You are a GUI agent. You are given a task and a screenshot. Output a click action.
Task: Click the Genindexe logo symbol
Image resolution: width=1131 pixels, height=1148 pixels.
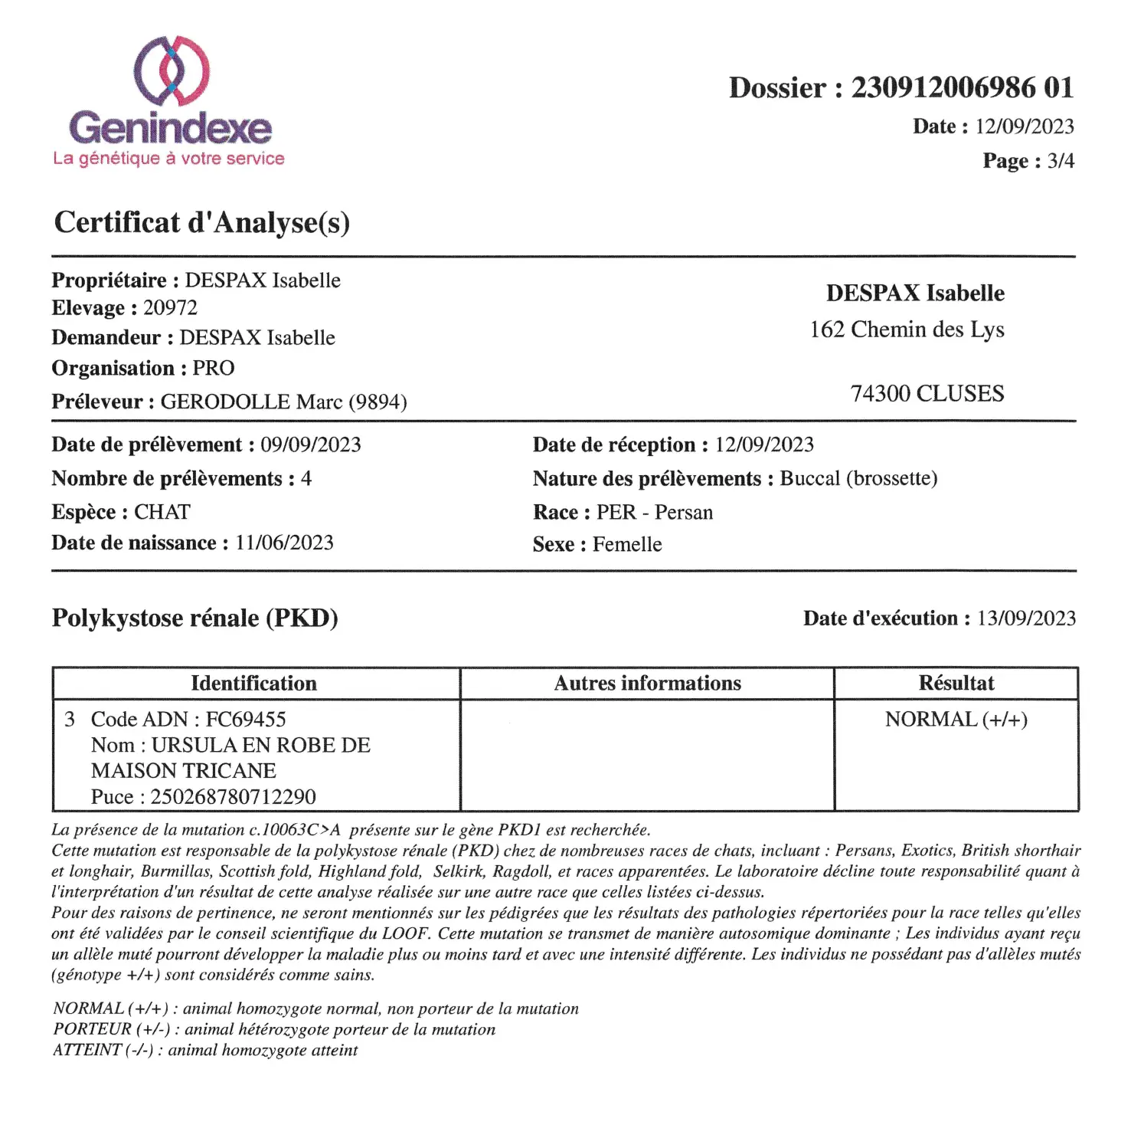172,71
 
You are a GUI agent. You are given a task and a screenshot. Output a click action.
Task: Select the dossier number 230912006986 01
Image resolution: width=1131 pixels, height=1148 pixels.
963,88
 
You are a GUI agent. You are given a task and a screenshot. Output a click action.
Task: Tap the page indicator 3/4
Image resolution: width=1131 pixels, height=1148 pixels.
1061,161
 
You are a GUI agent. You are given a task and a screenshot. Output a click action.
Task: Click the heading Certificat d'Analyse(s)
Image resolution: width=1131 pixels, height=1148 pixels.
202,223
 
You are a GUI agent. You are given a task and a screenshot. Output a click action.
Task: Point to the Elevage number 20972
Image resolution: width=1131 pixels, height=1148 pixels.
170,308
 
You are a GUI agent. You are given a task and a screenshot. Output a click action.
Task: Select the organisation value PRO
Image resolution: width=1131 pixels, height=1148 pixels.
213,369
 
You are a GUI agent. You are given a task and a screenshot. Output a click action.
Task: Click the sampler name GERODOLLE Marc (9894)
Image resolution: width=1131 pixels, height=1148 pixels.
283,402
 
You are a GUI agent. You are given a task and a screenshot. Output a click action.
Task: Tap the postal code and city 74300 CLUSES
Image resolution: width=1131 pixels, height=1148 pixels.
927,394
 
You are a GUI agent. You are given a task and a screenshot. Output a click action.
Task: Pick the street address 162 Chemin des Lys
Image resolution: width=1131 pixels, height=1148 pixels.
907,330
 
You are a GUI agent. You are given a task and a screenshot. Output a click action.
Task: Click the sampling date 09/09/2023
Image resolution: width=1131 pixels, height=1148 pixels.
310,445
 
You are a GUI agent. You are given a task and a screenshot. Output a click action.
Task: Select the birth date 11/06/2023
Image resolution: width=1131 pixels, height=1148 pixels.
284,543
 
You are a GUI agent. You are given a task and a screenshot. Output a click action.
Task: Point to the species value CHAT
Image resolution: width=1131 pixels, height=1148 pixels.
162,512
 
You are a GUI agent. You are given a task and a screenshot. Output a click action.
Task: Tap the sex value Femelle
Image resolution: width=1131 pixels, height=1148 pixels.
627,545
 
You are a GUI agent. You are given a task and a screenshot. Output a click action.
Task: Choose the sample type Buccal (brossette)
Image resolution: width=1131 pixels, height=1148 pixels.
858,479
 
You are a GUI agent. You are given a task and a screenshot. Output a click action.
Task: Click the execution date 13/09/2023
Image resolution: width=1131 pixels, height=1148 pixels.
1026,618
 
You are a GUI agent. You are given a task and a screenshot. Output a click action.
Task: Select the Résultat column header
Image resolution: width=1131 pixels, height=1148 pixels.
956,684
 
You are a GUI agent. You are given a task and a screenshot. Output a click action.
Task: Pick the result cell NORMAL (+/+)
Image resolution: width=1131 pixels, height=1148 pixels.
956,720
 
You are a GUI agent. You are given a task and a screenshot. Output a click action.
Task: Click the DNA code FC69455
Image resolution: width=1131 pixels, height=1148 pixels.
245,720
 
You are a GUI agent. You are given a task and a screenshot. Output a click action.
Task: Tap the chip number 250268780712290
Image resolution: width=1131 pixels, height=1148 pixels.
233,797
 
